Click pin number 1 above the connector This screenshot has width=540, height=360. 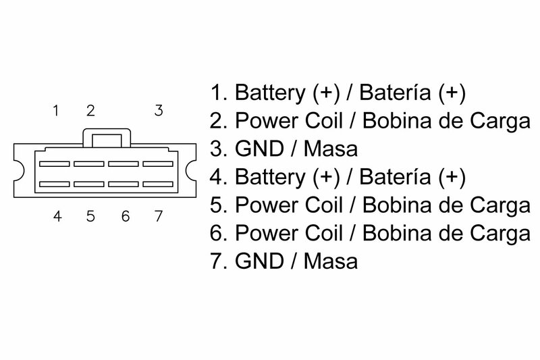[x=57, y=110]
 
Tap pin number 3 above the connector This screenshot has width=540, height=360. [x=159, y=110]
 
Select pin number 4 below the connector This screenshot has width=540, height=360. [x=57, y=217]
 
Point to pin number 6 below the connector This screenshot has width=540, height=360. [x=125, y=217]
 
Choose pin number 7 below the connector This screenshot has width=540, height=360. [x=159, y=217]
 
